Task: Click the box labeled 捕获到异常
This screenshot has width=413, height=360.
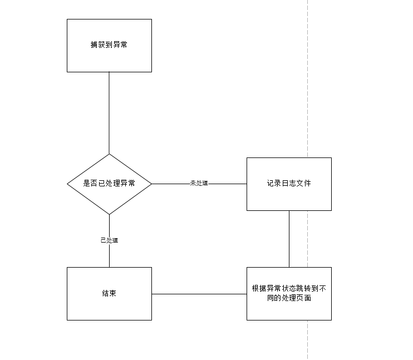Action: coord(109,45)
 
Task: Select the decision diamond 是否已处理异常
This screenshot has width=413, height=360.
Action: coord(109,184)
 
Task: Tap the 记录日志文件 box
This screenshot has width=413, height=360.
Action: coord(289,184)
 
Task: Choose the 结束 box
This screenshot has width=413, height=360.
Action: coord(109,294)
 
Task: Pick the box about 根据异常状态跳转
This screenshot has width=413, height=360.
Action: coord(289,294)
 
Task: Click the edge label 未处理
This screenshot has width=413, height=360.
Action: coord(199,183)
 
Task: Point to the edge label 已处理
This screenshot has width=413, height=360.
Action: coord(109,240)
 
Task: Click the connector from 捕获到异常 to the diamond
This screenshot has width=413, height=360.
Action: coord(109,113)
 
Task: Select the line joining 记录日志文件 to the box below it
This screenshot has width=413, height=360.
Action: coord(289,239)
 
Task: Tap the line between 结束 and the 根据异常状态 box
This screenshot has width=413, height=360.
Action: coord(199,294)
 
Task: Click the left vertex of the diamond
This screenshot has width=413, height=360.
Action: coord(67,184)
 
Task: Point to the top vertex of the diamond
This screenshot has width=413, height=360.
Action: coord(109,154)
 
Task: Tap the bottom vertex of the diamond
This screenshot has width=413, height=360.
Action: coord(109,214)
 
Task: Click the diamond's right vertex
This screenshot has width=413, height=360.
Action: coord(152,184)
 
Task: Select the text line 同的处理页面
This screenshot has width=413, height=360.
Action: coord(289,298)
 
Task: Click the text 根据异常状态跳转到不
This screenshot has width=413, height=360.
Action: coord(289,288)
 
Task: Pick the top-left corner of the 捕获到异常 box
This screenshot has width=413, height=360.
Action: coord(67,19)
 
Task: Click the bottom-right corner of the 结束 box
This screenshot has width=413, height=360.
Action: coord(152,320)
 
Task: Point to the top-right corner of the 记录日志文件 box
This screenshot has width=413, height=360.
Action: coord(331,158)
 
